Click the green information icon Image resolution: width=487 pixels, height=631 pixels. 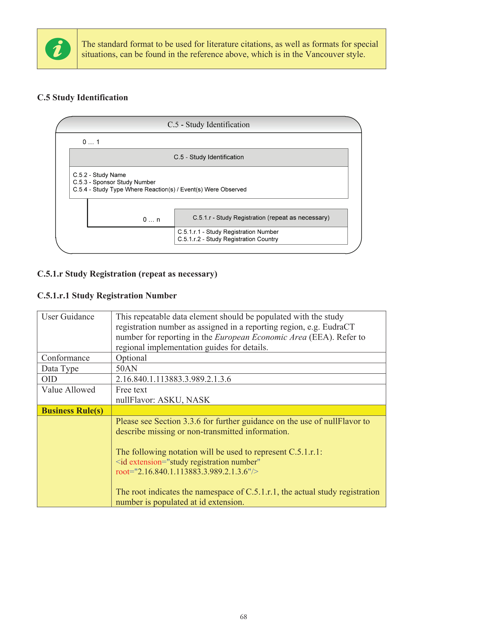tap(58, 49)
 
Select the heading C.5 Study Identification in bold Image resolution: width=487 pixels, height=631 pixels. tap(82, 97)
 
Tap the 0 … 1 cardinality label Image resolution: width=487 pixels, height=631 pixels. tap(91, 142)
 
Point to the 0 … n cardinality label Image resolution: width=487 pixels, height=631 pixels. tap(151, 219)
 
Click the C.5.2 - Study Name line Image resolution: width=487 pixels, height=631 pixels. tap(99, 175)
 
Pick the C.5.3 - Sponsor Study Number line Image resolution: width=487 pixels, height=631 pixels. tap(114, 182)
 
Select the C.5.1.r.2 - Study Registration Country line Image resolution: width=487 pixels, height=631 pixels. tap(228, 239)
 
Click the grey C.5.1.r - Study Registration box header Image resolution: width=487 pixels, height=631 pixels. tap(261, 218)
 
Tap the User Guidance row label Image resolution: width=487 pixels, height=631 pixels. tap(68, 317)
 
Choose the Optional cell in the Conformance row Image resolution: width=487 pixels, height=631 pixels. tap(131, 358)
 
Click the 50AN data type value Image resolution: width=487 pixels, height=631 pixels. tap(126, 368)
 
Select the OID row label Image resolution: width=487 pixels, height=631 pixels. tap(49, 379)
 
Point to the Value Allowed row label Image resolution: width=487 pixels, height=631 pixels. tap(68, 390)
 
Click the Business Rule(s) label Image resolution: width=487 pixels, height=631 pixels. tap(72, 410)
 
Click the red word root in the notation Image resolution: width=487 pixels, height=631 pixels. tap(122, 471)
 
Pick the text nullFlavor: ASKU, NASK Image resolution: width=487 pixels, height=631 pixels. tap(163, 400)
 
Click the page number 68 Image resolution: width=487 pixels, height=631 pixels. tap(243, 617)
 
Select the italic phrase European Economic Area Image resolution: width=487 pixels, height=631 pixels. tap(260, 337)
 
